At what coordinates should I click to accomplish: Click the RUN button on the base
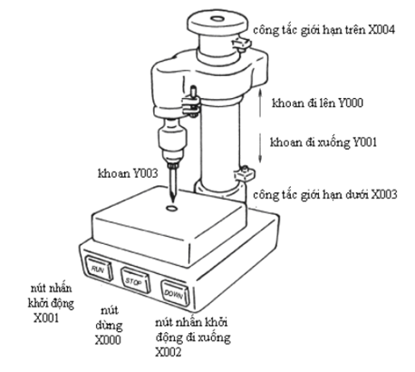(x=99, y=269)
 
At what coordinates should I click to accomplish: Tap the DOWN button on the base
(x=175, y=293)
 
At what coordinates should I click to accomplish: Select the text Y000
(x=350, y=103)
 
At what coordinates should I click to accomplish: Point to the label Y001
(x=365, y=142)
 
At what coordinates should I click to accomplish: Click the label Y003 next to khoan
(x=145, y=173)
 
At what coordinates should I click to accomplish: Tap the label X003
(x=383, y=194)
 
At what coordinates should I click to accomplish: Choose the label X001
(x=46, y=318)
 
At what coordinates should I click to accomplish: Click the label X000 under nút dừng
(x=108, y=340)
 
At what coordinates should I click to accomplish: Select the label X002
(x=169, y=352)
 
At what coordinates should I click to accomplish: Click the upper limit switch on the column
(x=241, y=44)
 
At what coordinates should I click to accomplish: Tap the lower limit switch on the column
(x=245, y=173)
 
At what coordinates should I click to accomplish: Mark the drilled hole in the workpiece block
(x=172, y=208)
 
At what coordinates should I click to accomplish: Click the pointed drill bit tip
(x=173, y=202)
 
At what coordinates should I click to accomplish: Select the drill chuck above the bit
(x=172, y=142)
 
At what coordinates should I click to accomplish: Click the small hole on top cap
(x=217, y=19)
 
